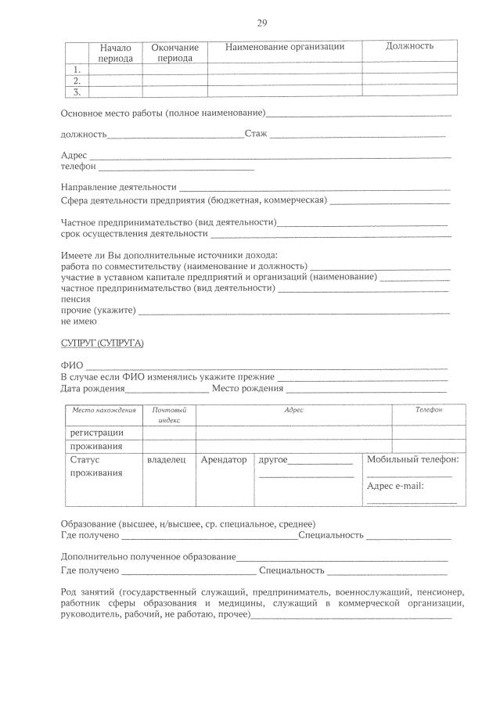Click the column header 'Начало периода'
coord(116,52)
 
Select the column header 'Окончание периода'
coord(174,52)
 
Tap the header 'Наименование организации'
coord(285,47)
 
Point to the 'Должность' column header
coord(409,46)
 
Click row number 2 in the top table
coord(77,81)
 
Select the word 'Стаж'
coord(256,134)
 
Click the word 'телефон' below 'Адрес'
coord(78,166)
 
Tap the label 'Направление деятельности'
coord(118,187)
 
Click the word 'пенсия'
coord(76,299)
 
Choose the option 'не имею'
coord(79,322)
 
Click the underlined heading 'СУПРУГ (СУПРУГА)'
coord(103,343)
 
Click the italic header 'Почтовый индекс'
coord(169,415)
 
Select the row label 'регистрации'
coord(96,433)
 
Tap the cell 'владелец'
coord(167,460)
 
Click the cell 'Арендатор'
coord(224,460)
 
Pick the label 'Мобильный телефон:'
coord(412,460)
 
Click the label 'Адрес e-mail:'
coord(395,486)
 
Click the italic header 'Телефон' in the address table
coord(428,410)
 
